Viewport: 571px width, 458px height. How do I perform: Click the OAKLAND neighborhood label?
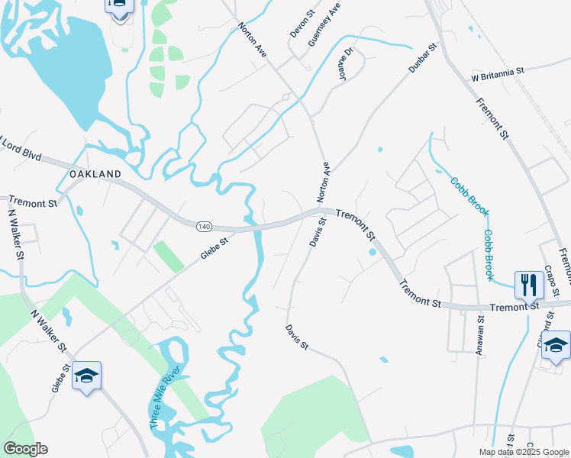click(95, 174)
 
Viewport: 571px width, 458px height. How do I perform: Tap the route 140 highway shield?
click(203, 227)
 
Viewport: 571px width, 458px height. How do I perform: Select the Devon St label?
click(302, 24)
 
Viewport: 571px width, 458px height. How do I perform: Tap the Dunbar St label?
click(422, 58)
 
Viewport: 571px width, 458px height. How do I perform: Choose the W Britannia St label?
click(498, 71)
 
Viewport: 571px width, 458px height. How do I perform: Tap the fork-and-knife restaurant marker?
click(528, 285)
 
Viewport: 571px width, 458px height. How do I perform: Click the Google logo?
click(26, 449)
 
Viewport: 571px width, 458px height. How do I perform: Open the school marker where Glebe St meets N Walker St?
click(87, 375)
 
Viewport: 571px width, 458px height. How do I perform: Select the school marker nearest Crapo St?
click(556, 345)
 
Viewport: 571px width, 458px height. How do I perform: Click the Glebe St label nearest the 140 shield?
click(215, 250)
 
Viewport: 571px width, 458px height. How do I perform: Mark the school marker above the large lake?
click(119, 6)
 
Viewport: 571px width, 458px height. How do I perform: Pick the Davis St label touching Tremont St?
click(318, 232)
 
